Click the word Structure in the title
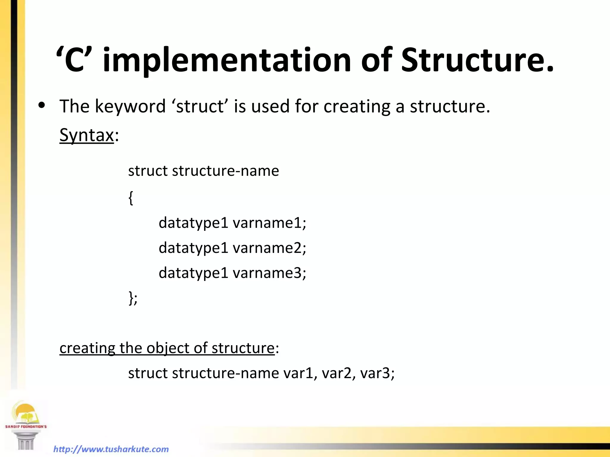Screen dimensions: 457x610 pyautogui.click(x=477, y=60)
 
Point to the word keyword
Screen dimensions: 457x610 pyautogui.click(x=130, y=106)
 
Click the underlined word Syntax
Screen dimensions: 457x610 pyautogui.click(x=87, y=135)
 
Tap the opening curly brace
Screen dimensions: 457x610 pyautogui.click(x=131, y=198)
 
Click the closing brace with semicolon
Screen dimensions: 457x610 pyautogui.click(x=133, y=298)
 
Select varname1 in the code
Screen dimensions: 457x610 pyautogui.click(x=269, y=223)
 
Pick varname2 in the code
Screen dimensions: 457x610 pyautogui.click(x=269, y=248)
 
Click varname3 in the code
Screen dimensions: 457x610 pyautogui.click(x=269, y=273)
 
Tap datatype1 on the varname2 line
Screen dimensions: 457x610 pyautogui.click(x=193, y=248)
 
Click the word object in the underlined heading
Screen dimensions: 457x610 pyautogui.click(x=168, y=348)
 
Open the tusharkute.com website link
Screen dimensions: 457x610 pyautogui.click(x=111, y=449)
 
